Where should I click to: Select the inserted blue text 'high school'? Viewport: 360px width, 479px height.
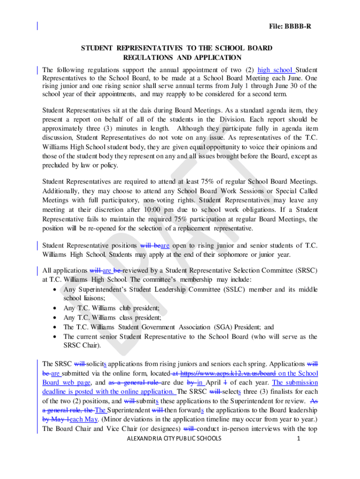tap(276, 70)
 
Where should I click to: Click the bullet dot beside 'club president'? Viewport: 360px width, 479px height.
tap(55, 308)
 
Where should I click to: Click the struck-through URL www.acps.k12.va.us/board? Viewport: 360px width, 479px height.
tap(223, 373)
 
